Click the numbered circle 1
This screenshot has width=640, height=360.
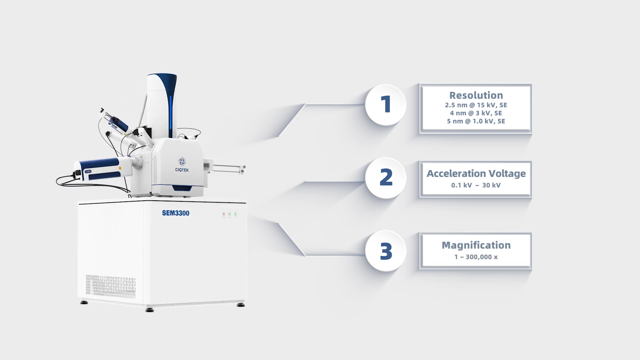[386, 105]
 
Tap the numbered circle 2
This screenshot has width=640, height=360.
[386, 178]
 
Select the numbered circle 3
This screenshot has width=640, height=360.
[386, 251]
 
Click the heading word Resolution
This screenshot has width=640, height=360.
[476, 95]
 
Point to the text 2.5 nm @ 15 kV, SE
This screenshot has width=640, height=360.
[476, 105]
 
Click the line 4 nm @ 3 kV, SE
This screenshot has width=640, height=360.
[476, 113]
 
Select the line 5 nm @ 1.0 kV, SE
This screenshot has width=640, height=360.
[476, 121]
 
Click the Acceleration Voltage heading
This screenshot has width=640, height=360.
[476, 173]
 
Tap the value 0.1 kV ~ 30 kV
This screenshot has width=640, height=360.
[476, 185]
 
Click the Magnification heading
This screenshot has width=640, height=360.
[476, 245]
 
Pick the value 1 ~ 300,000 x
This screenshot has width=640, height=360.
[476, 257]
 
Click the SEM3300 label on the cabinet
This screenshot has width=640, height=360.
[176, 213]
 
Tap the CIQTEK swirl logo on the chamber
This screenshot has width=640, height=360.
[182, 161]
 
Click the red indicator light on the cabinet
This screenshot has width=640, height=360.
[224, 214]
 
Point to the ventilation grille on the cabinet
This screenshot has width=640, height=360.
[111, 286]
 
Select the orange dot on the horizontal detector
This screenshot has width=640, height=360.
[120, 168]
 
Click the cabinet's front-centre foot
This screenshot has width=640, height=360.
[150, 310]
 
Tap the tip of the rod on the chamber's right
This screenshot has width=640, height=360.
[244, 167]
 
